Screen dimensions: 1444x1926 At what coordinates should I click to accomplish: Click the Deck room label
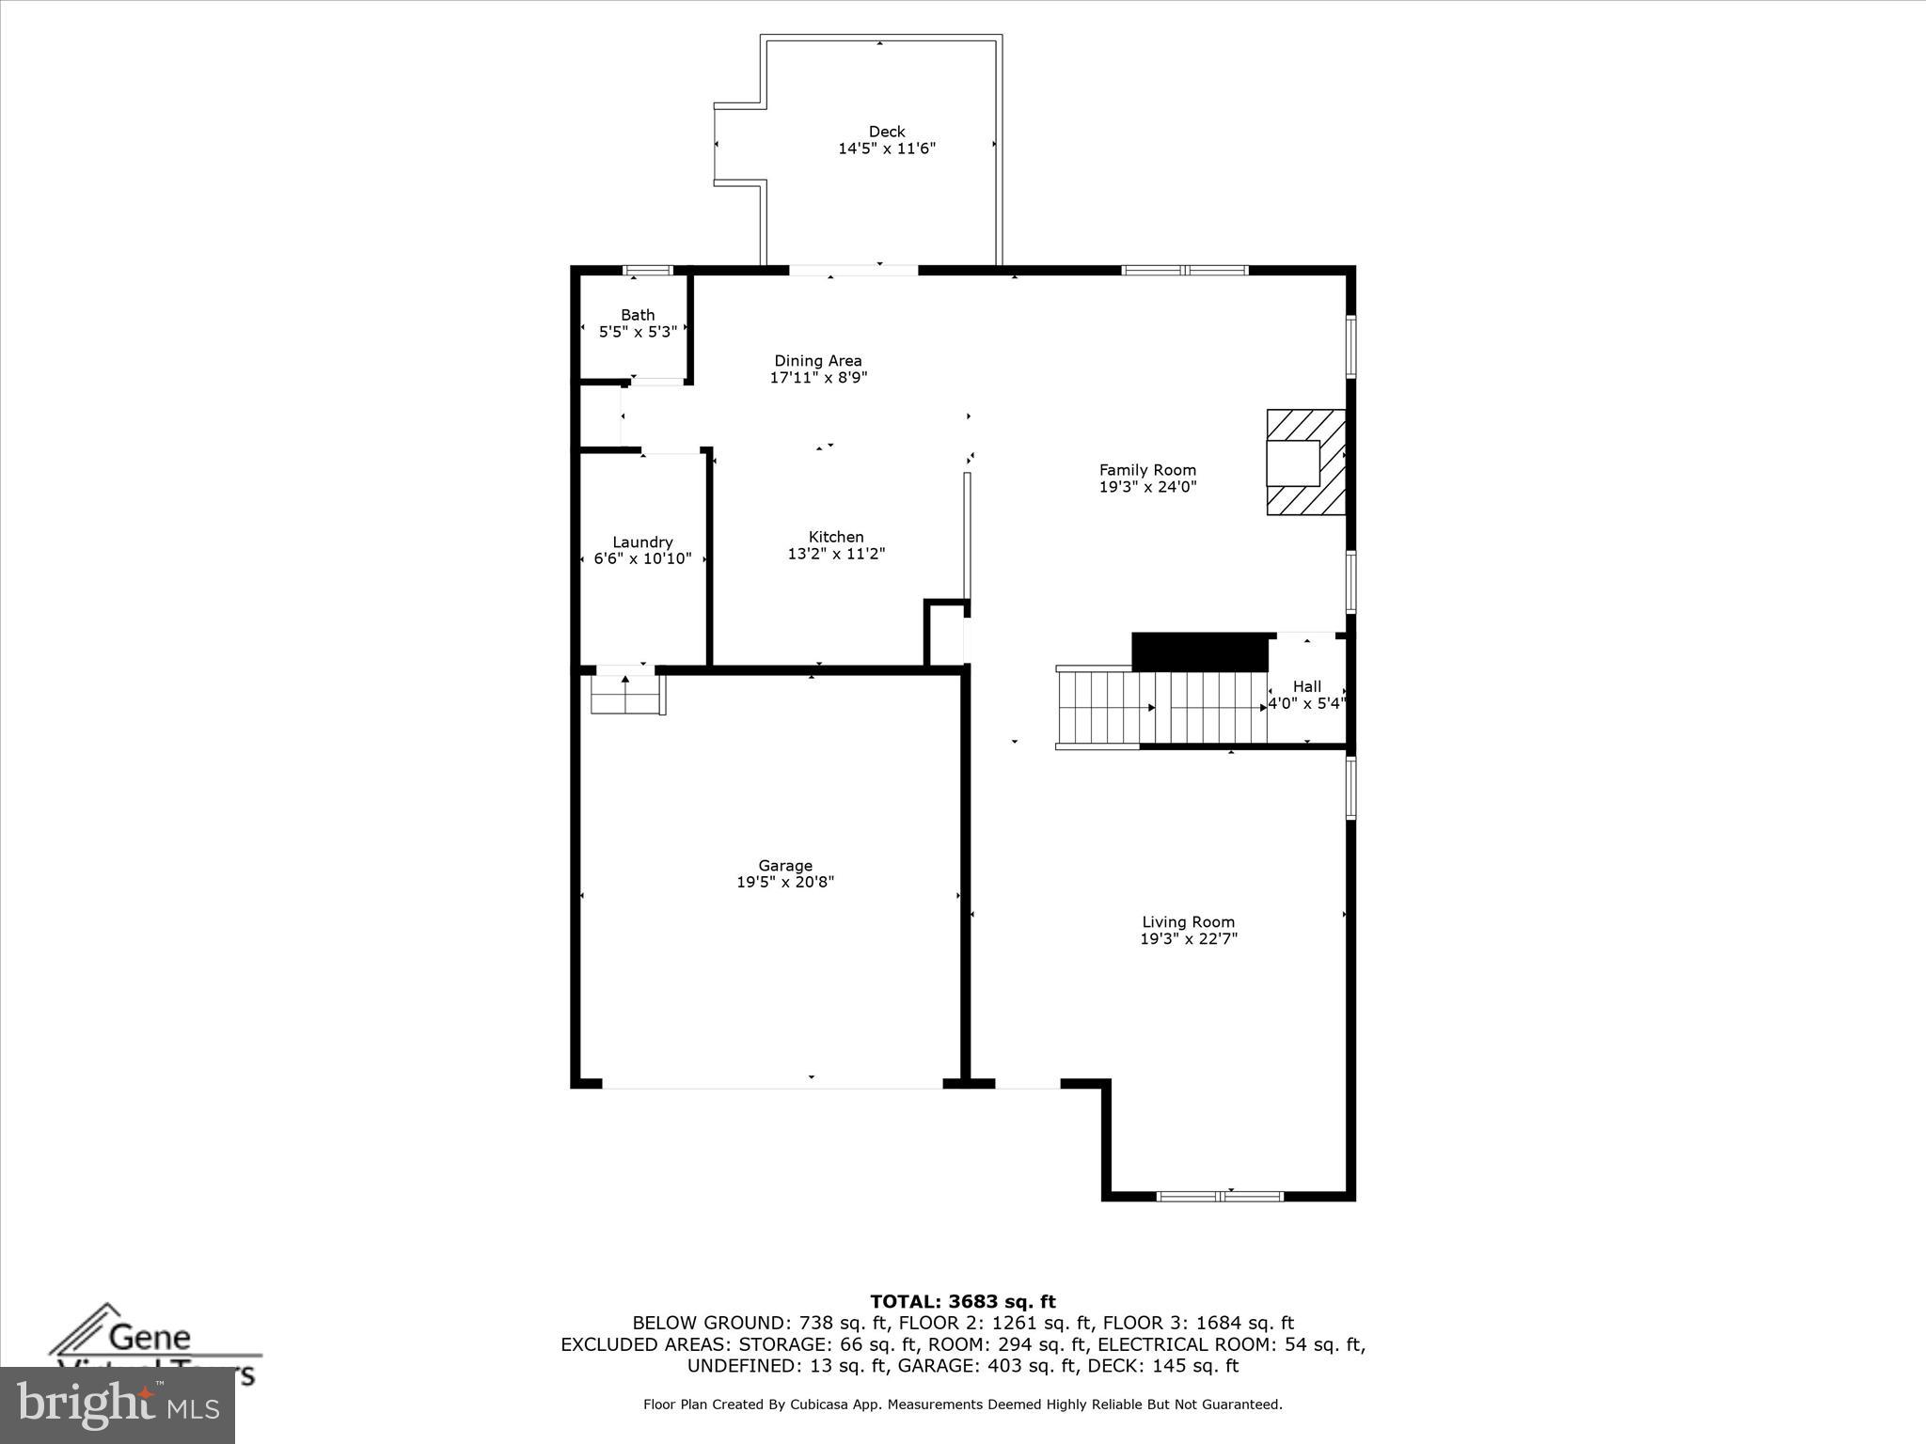pos(886,132)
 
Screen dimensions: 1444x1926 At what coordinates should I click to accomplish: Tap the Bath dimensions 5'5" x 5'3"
pos(638,332)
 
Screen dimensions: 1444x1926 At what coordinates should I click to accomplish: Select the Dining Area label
pos(817,361)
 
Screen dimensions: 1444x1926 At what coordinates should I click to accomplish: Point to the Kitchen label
pos(835,537)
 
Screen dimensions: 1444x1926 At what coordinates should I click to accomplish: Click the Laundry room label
pos(642,542)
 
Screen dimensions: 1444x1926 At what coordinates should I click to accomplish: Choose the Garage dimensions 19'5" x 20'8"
pos(784,883)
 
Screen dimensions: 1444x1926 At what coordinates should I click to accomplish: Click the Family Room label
pos(1147,470)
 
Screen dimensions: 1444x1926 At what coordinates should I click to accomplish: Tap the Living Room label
pos(1188,922)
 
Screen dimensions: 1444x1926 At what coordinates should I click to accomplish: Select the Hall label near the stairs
pos(1306,687)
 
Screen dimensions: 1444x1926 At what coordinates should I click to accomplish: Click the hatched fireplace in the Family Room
pos(1305,462)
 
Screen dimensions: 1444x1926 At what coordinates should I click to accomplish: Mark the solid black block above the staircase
pos(1199,651)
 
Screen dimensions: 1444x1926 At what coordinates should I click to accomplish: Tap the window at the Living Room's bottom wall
pos(1219,1196)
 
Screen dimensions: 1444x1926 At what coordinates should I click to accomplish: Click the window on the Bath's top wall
pos(649,271)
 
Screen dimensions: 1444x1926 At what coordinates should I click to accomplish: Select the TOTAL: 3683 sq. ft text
pos(962,1302)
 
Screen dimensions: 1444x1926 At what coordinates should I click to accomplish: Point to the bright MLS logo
pos(117,1405)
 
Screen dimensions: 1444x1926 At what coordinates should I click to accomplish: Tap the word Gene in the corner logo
pos(150,1337)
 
